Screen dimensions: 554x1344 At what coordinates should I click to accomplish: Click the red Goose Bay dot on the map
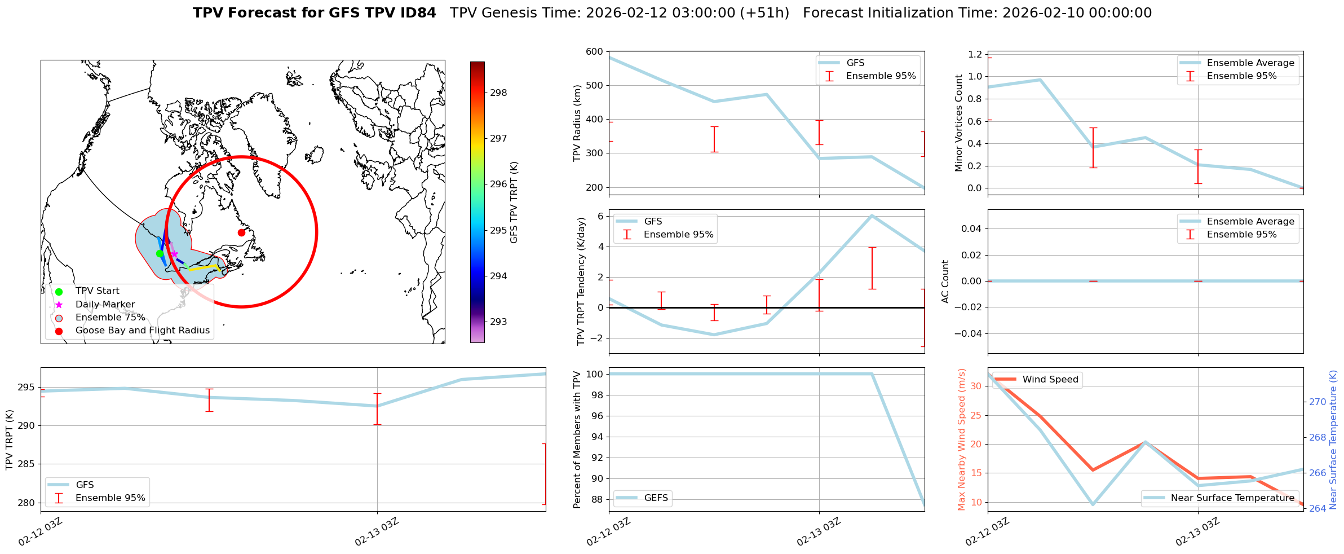coord(241,232)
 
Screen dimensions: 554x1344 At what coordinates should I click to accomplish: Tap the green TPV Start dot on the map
coord(160,253)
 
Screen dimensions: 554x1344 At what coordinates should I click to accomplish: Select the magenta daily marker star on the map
coord(174,254)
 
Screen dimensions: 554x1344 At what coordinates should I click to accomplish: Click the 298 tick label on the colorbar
coord(498,93)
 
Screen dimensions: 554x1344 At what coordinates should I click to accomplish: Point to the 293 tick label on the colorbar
coord(498,322)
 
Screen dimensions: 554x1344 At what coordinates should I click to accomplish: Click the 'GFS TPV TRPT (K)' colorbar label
coord(514,203)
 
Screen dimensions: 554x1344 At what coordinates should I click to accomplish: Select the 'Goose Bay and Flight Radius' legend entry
coord(142,331)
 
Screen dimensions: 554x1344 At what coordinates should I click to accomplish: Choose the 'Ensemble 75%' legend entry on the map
coord(110,318)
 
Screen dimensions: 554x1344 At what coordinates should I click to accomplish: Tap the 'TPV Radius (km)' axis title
coord(577,123)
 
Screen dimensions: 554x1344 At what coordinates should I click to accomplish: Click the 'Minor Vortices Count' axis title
coord(958,123)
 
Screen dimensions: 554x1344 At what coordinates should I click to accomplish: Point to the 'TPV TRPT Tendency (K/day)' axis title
coord(581,282)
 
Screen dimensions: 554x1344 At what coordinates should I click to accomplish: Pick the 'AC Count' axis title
coord(945,282)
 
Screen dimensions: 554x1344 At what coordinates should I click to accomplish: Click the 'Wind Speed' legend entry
coord(1050,380)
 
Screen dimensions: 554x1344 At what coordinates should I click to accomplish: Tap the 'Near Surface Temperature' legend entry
coord(1232,498)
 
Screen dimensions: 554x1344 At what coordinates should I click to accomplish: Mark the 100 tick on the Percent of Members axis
coord(596,374)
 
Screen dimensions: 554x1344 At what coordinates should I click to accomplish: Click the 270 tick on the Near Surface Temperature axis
coord(1317,402)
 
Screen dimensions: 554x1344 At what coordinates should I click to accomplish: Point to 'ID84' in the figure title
coord(417,13)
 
